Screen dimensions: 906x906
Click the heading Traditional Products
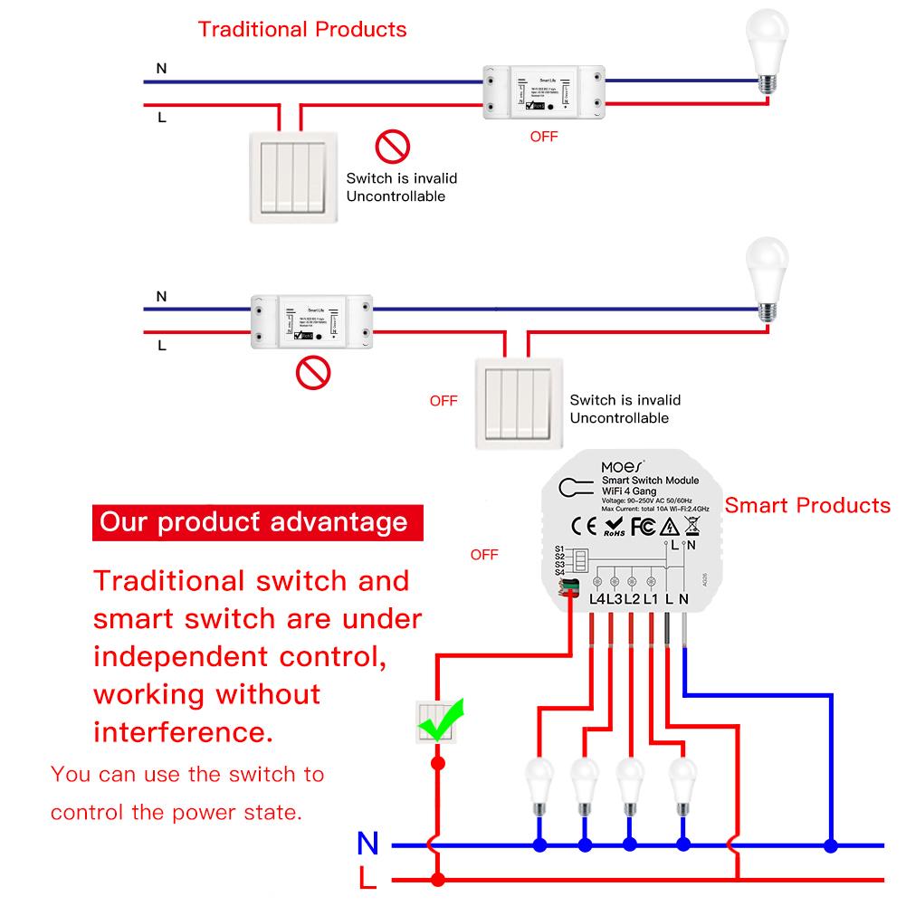[x=302, y=29]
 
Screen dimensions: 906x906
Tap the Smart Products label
[x=807, y=505]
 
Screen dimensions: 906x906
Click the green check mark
[x=445, y=720]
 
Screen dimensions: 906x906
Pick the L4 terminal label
[x=597, y=598]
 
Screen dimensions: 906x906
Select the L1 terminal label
[x=649, y=598]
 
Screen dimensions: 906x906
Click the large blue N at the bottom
[x=367, y=844]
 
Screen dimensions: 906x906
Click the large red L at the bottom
[x=367, y=878]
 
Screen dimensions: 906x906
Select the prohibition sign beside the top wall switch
[x=393, y=146]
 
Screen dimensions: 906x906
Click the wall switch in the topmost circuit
[x=291, y=176]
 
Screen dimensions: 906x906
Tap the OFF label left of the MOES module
[x=484, y=555]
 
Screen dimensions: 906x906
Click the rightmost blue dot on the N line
[x=829, y=845]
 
